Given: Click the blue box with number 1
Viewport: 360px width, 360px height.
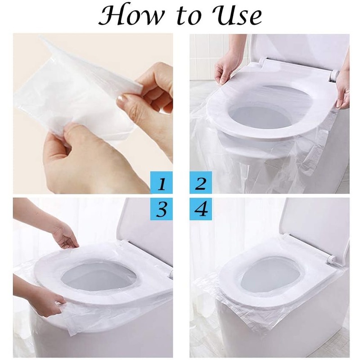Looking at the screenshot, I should coord(162,184).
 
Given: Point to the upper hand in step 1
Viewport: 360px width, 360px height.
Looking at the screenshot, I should coord(148,90).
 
